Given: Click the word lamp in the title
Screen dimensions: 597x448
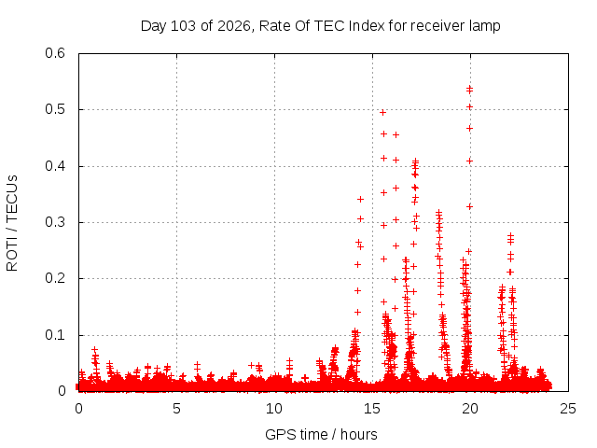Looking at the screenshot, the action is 485,27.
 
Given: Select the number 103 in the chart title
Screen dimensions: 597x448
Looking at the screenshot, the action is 183,26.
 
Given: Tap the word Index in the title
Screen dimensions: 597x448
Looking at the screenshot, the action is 367,26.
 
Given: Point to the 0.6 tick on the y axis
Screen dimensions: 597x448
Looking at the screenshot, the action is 55,53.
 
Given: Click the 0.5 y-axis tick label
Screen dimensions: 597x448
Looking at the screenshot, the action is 55,109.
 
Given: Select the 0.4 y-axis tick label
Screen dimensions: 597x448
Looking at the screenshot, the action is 55,166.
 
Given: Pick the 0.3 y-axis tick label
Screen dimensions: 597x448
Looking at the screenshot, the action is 55,222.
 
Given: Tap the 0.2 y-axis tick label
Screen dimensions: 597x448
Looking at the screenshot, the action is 55,278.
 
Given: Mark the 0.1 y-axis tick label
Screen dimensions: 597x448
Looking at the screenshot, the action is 55,335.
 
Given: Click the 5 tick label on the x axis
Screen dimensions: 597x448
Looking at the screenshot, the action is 176,409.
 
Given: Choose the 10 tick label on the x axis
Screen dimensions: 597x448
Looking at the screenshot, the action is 274,409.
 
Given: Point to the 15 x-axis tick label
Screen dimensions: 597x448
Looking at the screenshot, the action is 372,409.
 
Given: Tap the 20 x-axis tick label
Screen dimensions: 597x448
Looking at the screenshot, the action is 470,409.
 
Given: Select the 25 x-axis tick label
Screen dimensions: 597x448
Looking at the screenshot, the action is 568,409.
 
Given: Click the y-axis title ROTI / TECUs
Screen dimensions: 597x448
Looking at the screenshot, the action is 12,223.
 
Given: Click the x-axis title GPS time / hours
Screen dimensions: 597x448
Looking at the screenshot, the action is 321,435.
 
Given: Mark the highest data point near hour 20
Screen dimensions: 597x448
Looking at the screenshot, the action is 469,89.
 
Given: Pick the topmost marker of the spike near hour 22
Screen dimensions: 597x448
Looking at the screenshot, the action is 510,236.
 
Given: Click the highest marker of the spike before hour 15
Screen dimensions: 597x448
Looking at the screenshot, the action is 360,199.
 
